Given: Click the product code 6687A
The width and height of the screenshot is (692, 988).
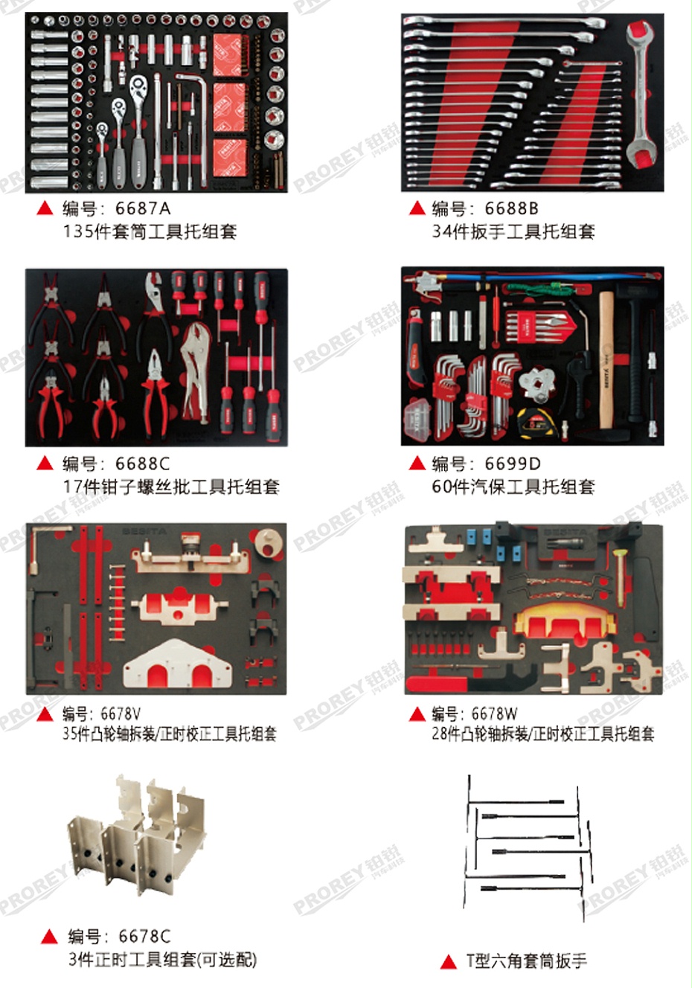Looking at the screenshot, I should point(143,208).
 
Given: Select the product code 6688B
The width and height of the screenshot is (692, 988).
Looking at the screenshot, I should point(511,208).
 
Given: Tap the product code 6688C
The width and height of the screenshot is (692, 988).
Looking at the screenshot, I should point(142,463).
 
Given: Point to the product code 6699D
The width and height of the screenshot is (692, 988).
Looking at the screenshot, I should point(513,463).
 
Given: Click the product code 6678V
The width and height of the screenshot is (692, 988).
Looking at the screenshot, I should point(121,714).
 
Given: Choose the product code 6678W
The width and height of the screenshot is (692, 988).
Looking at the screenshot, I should point(494,714).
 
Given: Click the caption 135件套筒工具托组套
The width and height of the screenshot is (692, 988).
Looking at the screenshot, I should point(150,231).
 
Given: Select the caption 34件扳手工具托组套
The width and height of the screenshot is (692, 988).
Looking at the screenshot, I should point(513,231).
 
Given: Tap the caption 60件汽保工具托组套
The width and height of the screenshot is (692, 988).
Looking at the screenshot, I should point(513,487).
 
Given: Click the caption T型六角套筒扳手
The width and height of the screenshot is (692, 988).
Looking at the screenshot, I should point(527,960).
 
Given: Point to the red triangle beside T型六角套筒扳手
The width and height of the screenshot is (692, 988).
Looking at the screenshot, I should point(448,962).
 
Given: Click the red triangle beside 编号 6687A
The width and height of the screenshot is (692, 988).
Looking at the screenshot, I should point(45,209).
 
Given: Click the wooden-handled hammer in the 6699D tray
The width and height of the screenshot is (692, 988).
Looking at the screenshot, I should point(606,357).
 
